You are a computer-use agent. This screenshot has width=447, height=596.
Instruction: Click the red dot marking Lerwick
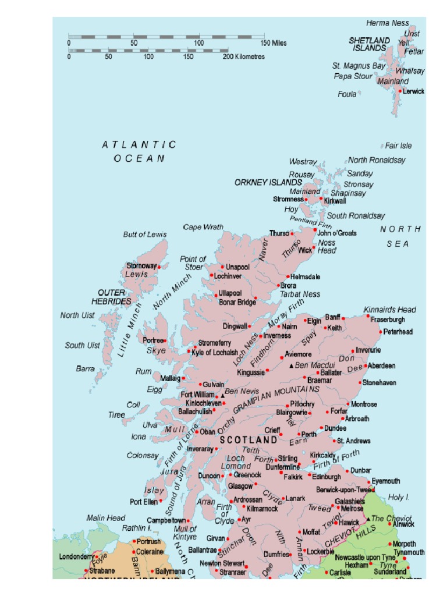400,91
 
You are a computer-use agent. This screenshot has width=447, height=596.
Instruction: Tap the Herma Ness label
388,23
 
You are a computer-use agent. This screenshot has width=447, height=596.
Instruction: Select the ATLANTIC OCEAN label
139,151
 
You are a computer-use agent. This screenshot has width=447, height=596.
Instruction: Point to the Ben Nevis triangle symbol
222,396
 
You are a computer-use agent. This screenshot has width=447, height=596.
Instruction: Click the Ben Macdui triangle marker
292,366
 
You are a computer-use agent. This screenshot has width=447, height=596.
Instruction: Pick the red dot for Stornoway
159,267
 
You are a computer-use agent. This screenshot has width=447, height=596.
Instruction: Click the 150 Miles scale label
273,43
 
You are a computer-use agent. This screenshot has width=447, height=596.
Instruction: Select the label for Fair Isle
398,146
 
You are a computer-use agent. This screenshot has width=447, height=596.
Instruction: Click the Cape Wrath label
203,227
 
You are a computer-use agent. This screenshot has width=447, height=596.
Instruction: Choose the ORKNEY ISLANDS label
268,182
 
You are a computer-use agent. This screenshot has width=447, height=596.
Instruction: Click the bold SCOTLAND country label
248,441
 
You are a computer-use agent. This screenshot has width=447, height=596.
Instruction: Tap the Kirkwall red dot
321,198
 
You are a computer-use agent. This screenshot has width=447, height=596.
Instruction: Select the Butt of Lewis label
144,235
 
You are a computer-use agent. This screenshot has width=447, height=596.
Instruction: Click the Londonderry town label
76,557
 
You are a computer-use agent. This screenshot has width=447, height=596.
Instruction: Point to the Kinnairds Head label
390,310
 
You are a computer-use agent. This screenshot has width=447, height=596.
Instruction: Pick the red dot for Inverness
261,336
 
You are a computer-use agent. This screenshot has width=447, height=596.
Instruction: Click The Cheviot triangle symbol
367,518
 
